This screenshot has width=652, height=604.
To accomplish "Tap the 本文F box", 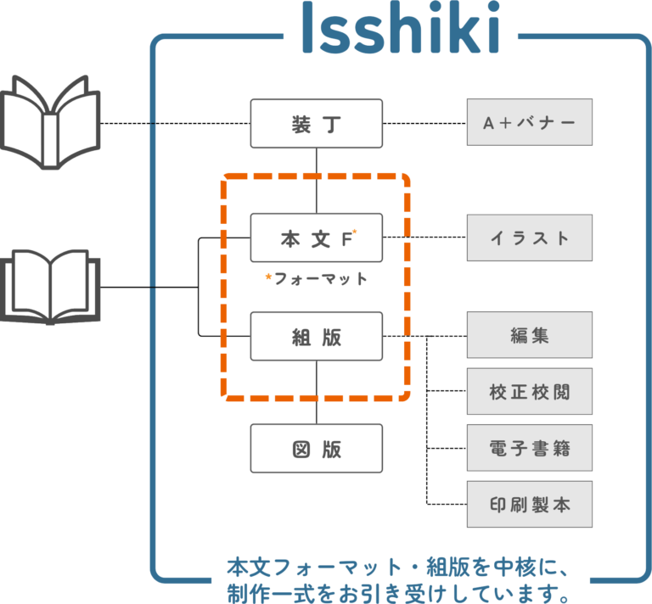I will pos(316,238).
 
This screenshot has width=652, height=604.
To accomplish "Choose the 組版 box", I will pos(316,337).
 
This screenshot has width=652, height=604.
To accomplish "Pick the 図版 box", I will pos(316,449).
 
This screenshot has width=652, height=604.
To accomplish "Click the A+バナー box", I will pos(529,123).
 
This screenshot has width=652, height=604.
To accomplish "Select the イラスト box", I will pos(529,238).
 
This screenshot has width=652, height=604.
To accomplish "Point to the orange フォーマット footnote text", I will pos(315,278).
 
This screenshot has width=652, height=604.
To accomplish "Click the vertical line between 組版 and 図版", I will pos(317,392).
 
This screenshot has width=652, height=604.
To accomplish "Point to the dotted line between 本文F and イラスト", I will pos(424,238).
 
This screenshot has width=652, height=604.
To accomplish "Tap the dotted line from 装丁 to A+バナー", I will pos(424,124).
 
